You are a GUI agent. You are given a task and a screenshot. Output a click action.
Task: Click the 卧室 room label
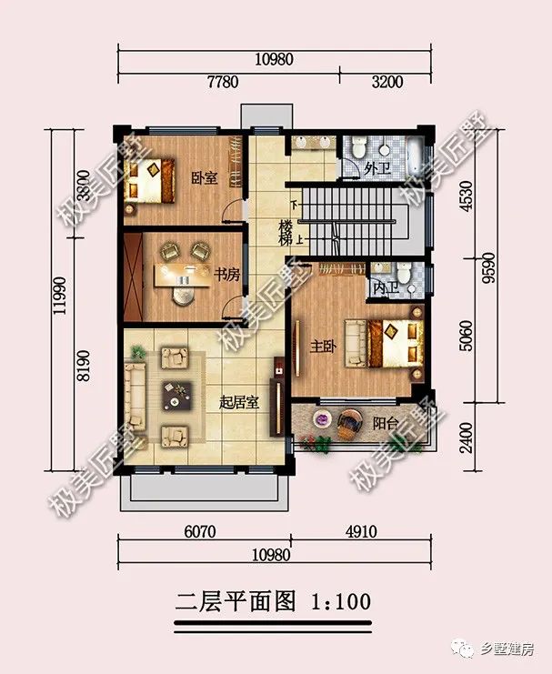(204, 177)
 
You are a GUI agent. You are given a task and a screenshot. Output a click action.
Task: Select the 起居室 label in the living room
(239, 401)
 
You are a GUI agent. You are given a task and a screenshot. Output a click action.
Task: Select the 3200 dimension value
(386, 82)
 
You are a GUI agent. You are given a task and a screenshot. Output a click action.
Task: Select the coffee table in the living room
(175, 395)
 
